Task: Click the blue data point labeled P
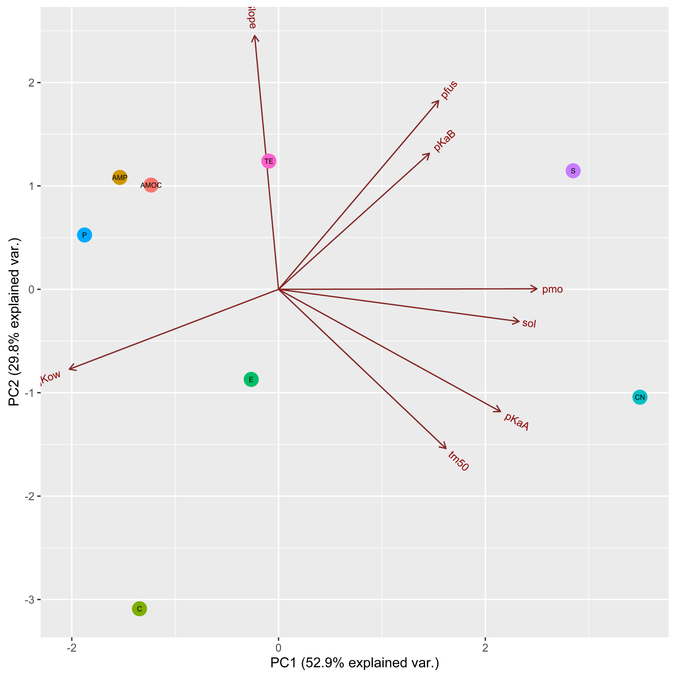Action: (x=84, y=235)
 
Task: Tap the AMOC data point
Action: (x=151, y=185)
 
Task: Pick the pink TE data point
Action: (x=269, y=161)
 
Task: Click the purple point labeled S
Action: (x=573, y=171)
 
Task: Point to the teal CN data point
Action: (x=640, y=397)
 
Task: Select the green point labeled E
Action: (x=251, y=379)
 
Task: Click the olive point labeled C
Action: (x=139, y=609)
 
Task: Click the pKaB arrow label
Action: (x=444, y=141)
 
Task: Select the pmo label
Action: (x=552, y=290)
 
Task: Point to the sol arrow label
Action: (x=529, y=323)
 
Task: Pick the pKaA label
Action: (x=516, y=421)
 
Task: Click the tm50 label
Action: (x=458, y=461)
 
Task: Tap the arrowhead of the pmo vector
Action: (x=537, y=289)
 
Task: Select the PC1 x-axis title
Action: (x=355, y=663)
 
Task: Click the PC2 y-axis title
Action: (x=14, y=322)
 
